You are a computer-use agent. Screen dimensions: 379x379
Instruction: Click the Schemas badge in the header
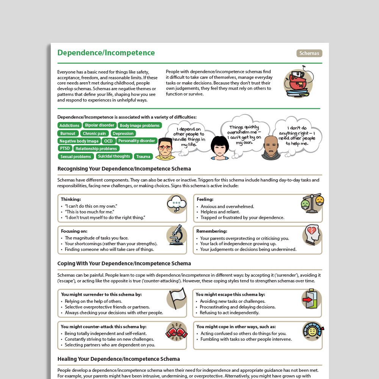pyautogui.click(x=309, y=53)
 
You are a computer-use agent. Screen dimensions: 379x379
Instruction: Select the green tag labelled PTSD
pyautogui.click(x=64, y=148)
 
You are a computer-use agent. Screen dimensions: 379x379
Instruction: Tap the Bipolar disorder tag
pyautogui.click(x=100, y=125)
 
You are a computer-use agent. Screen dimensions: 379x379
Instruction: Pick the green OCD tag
pyautogui.click(x=108, y=141)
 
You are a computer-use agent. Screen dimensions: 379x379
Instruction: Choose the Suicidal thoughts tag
pyautogui.click(x=114, y=156)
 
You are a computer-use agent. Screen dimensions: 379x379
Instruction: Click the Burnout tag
pyautogui.click(x=68, y=133)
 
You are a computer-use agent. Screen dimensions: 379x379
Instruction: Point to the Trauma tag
pyautogui.click(x=143, y=157)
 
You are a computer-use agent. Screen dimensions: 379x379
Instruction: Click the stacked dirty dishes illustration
pyautogui.click(x=298, y=84)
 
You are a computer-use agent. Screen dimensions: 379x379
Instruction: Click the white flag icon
pyautogui.click(x=177, y=298)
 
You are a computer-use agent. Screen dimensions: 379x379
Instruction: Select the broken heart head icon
pyautogui.click(x=312, y=235)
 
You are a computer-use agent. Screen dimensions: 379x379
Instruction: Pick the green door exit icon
pyautogui.click(x=311, y=299)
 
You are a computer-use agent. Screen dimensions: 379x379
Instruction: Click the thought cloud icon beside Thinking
pyautogui.click(x=177, y=204)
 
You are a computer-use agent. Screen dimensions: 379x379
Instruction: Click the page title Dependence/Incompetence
pyautogui.click(x=106, y=53)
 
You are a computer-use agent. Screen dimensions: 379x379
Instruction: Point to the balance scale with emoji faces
pyautogui.click(x=312, y=202)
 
